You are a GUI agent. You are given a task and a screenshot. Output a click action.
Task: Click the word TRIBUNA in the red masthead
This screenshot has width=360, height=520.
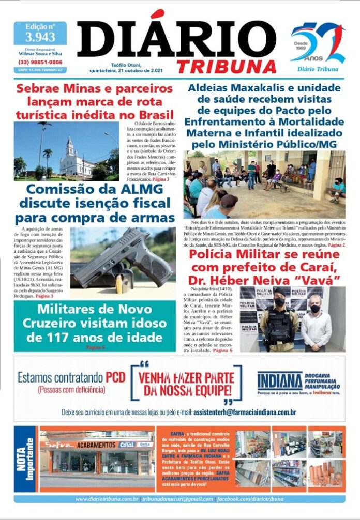point(227,66)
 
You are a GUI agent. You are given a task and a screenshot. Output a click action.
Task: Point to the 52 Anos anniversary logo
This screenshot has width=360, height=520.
point(317,45)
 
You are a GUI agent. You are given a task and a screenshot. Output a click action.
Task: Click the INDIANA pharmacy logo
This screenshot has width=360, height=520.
point(279,381)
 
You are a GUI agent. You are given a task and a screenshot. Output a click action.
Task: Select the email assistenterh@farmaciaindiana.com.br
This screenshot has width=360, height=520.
point(244,412)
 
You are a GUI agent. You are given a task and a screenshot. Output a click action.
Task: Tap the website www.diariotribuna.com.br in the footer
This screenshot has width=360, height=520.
point(107,499)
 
